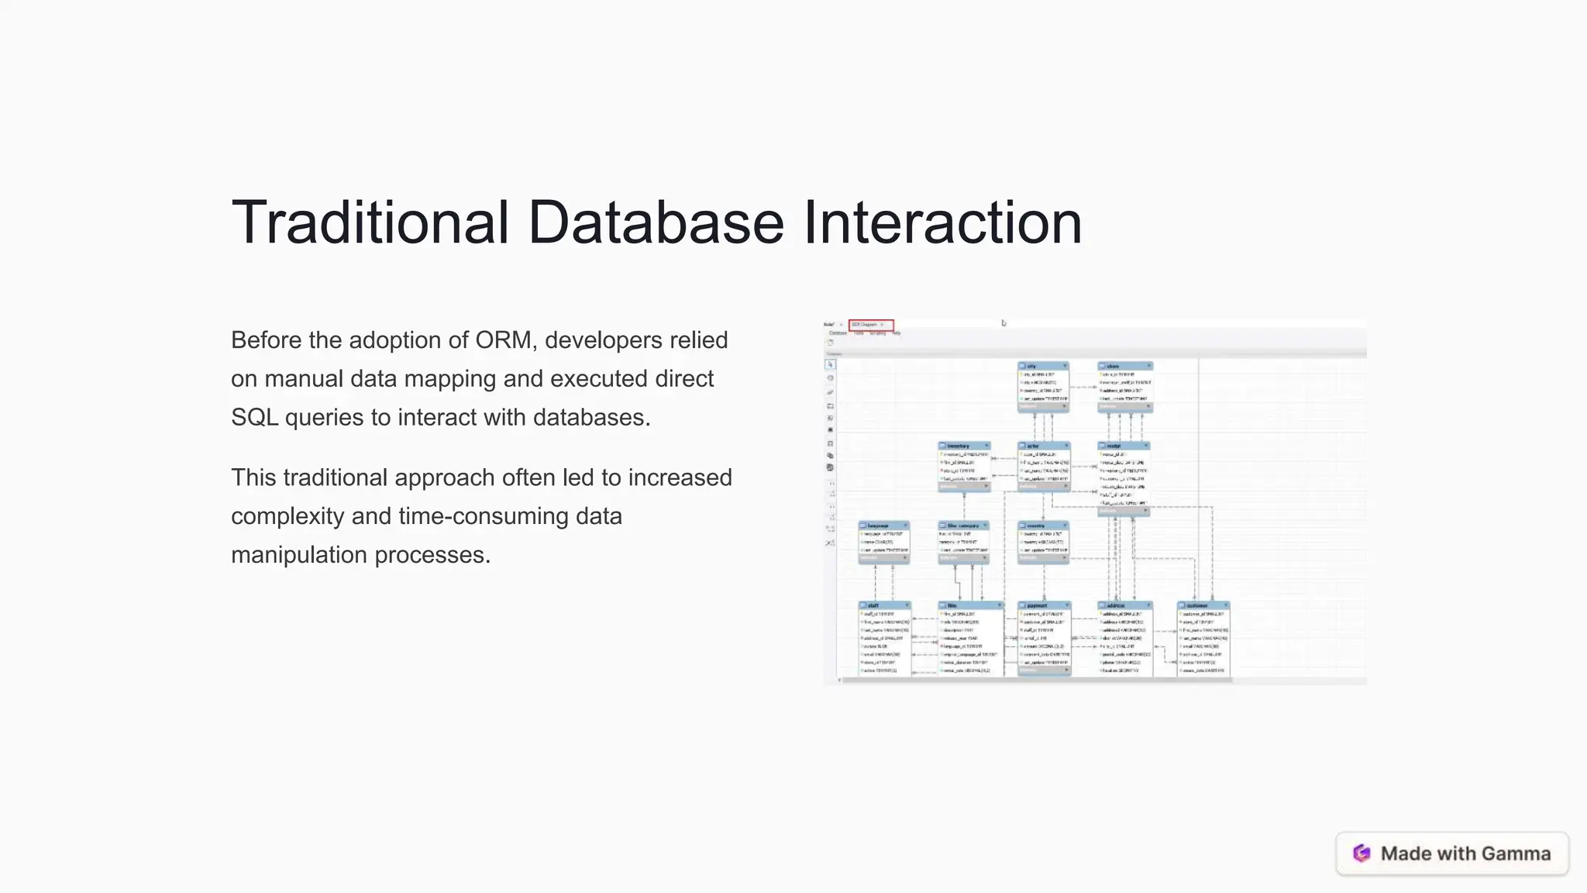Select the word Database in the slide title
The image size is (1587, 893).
pyautogui.click(x=656, y=223)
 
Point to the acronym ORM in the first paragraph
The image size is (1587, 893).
pyautogui.click(x=504, y=340)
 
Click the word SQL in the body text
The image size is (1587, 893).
pyautogui.click(x=254, y=418)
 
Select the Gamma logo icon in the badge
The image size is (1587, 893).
pyautogui.click(x=1362, y=853)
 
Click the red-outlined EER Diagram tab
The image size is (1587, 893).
pyautogui.click(x=871, y=325)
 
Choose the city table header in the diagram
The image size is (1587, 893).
pyautogui.click(x=1042, y=366)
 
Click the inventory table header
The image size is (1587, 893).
pyautogui.click(x=963, y=446)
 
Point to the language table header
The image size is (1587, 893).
pyautogui.click(x=883, y=526)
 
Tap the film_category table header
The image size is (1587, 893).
pyautogui.click(x=963, y=526)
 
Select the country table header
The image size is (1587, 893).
pyautogui.click(x=1042, y=526)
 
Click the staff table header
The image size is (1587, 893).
pyautogui.click(x=883, y=605)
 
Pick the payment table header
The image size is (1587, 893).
pyautogui.click(x=1043, y=605)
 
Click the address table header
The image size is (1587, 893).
pyautogui.click(x=1123, y=605)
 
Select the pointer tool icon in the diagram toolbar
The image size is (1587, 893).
pyautogui.click(x=830, y=364)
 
